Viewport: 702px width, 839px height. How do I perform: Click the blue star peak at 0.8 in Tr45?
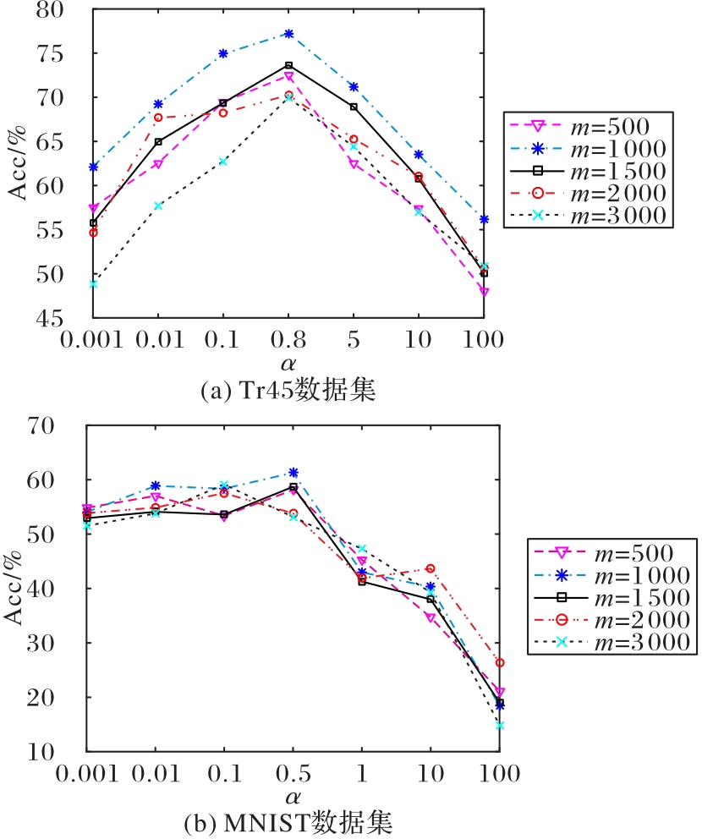tap(288, 34)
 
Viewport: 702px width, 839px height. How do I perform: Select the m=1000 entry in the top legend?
tap(589, 149)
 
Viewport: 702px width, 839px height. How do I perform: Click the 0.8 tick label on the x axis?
tap(288, 340)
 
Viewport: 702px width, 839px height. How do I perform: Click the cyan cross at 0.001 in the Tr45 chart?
tap(93, 283)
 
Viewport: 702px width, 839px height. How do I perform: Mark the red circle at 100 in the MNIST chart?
tap(499, 662)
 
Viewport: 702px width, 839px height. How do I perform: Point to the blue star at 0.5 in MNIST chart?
tap(293, 472)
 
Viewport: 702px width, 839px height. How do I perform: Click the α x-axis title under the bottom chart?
tap(293, 797)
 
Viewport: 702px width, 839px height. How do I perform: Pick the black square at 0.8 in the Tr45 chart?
tap(288, 65)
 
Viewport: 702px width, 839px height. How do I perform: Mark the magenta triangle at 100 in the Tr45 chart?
tap(484, 292)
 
